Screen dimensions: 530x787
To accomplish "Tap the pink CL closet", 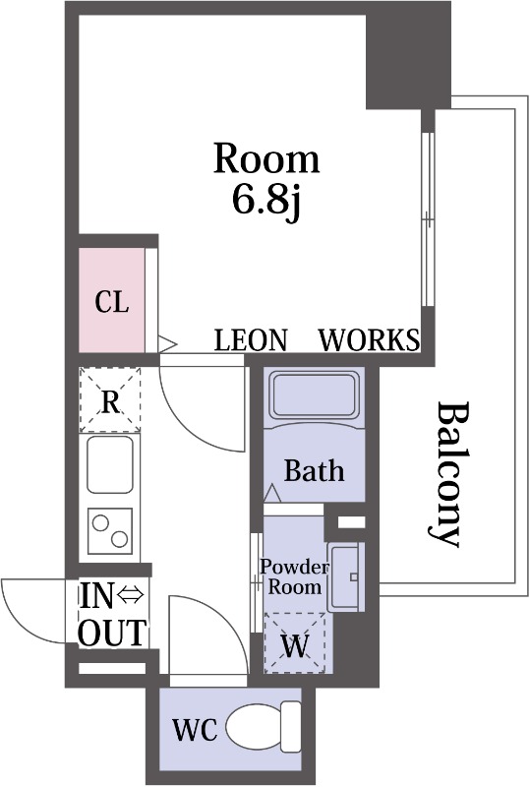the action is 112,300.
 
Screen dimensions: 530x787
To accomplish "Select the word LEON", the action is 251,339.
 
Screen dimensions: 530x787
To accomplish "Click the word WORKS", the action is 370,339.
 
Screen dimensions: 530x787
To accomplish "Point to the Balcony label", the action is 447,473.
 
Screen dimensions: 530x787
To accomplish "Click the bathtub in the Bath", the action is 315,395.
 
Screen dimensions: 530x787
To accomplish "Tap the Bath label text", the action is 315,470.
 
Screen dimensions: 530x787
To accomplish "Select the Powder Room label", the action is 294,576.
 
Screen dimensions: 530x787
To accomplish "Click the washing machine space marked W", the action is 295,642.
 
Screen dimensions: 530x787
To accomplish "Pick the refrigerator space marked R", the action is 110,400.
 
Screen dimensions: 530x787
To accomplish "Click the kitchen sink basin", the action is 110,464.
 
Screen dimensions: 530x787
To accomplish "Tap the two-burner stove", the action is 110,531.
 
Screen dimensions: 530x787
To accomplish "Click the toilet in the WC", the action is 264,726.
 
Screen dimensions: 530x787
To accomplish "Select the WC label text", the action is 195,730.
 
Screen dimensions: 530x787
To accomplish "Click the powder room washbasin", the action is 346,577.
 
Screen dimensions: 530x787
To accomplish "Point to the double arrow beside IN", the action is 131,595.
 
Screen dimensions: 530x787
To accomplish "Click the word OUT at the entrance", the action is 113,633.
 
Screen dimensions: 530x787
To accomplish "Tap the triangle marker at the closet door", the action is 166,344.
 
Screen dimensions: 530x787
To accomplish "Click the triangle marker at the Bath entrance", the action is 272,493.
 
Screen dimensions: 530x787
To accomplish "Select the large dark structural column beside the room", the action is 407,55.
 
